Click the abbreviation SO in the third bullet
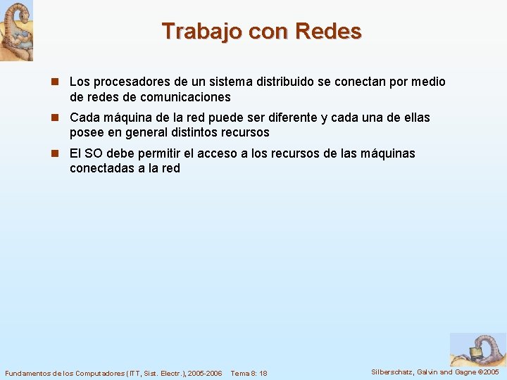point(92,153)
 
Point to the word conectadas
point(99,168)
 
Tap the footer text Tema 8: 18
point(249,372)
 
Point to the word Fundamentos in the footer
point(26,372)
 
